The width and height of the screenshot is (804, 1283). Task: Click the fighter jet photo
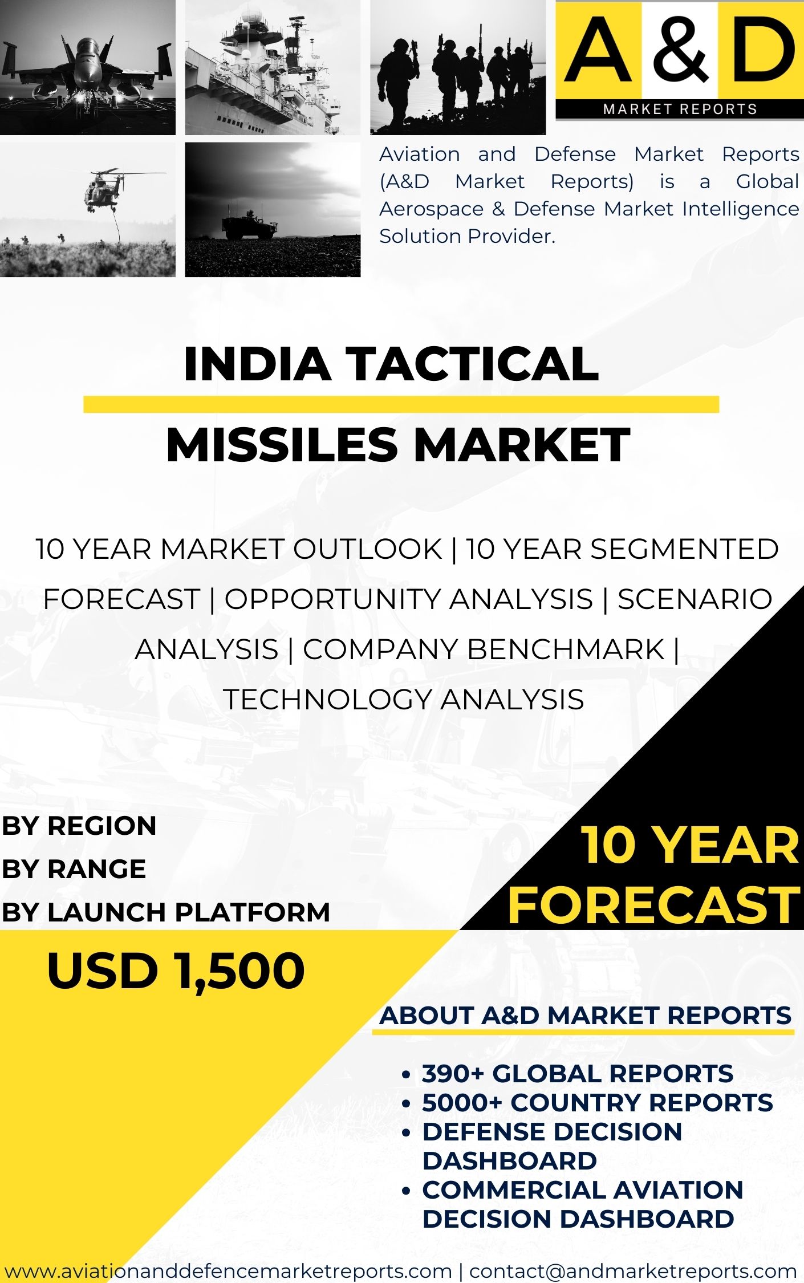pyautogui.click(x=88, y=67)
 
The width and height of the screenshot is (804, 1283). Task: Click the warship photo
pyautogui.click(x=273, y=67)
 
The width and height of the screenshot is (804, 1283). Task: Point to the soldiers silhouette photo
pyautogui.click(x=458, y=67)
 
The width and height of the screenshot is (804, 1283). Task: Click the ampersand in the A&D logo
pyautogui.click(x=680, y=50)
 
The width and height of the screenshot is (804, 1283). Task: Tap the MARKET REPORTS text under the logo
pyautogui.click(x=680, y=109)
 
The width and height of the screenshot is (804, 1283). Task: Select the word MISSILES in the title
pyautogui.click(x=282, y=445)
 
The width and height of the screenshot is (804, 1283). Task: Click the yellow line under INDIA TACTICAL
pyautogui.click(x=401, y=404)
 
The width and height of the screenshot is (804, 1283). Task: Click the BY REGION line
pyautogui.click(x=79, y=826)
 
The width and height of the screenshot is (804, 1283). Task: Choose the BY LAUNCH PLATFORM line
pyautogui.click(x=166, y=912)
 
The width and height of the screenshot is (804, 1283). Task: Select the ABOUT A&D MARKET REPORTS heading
pyautogui.click(x=586, y=1016)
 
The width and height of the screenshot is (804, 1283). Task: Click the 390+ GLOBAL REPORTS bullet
pyautogui.click(x=577, y=1074)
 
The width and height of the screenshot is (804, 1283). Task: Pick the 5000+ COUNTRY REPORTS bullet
pyautogui.click(x=597, y=1103)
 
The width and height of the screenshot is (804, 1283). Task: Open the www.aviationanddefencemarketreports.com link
pyautogui.click(x=228, y=1270)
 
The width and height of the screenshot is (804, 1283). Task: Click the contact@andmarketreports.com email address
pyautogui.click(x=633, y=1270)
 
